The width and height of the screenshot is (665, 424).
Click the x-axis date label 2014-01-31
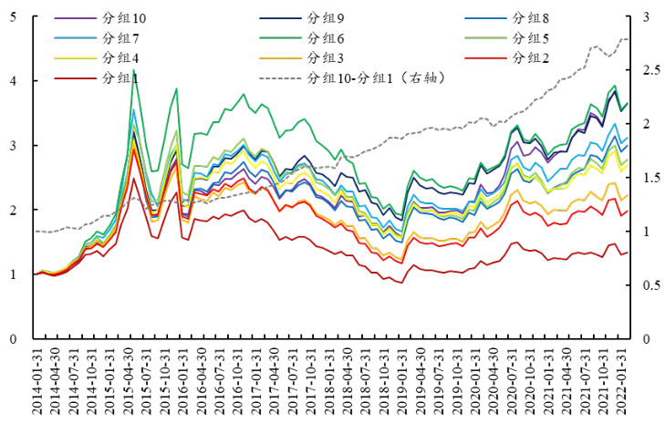[x=36, y=383]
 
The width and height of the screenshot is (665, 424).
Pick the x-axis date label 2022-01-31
[x=625, y=383]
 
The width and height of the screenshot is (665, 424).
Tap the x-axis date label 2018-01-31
[x=330, y=383]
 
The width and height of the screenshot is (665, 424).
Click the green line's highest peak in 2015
[x=134, y=69]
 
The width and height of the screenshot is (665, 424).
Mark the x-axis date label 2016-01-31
[x=183, y=383]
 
